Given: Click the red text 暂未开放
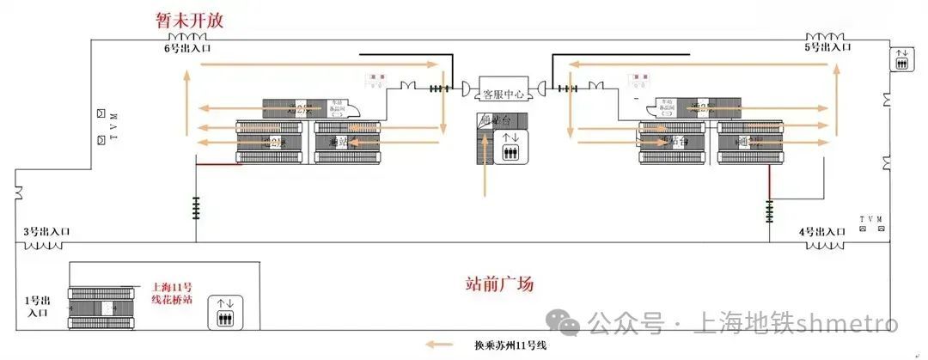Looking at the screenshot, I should click(190, 20).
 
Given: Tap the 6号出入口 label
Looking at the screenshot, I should click(188, 49).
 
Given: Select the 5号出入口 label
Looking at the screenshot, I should click(827, 48).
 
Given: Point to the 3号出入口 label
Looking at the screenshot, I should click(46, 232).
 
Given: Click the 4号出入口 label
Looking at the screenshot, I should click(823, 232).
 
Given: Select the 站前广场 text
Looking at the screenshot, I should click(499, 283).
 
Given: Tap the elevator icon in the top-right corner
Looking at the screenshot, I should click(902, 61).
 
